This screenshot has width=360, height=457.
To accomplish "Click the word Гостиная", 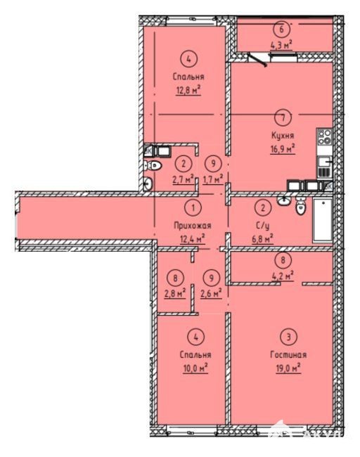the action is point(288,354).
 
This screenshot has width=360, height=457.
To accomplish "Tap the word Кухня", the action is point(283,136).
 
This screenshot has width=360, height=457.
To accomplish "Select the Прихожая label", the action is point(193,225).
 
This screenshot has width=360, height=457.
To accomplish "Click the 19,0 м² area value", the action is point(288,368).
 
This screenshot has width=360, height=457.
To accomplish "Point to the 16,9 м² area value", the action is point(283,149).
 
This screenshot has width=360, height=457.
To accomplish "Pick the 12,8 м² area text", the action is point(188,90).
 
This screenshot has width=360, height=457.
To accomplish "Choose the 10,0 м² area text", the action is point(195,368).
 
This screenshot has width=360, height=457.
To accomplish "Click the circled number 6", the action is point(281,29).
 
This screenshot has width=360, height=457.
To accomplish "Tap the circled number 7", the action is point(283,117).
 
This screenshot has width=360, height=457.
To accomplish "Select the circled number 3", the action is point(288,337).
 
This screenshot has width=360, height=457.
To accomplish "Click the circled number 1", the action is point(193,208).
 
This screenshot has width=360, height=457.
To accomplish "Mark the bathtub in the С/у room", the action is point(323,220).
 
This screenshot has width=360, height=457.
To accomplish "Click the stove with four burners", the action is point(324,136).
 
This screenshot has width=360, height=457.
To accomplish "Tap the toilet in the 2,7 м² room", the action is point(153,166).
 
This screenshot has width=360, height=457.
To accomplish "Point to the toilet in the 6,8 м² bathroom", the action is point(300,206).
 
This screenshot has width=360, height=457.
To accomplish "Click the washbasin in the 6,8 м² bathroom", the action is point(283,200).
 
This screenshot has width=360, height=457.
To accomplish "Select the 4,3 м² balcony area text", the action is point(281,46).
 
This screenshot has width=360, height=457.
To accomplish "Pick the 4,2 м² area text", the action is point(283,276).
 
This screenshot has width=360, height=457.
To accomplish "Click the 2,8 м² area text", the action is point(175,293).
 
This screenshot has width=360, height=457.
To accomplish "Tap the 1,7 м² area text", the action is point(213,179).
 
